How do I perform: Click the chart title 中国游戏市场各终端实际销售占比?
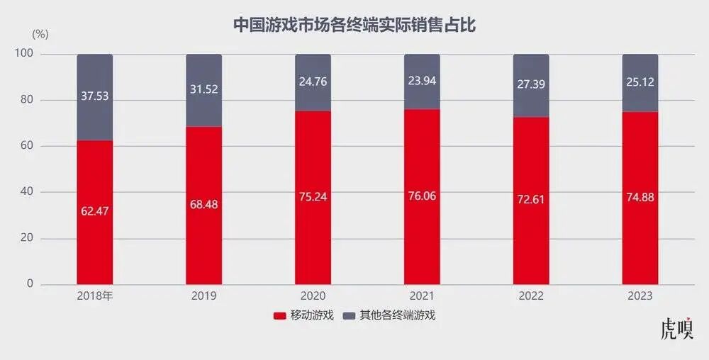coord(354,26)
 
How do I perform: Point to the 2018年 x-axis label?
coord(94,296)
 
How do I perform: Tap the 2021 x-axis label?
coord(422,296)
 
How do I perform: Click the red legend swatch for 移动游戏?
coord(279,315)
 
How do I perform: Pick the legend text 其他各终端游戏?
coord(397,315)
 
